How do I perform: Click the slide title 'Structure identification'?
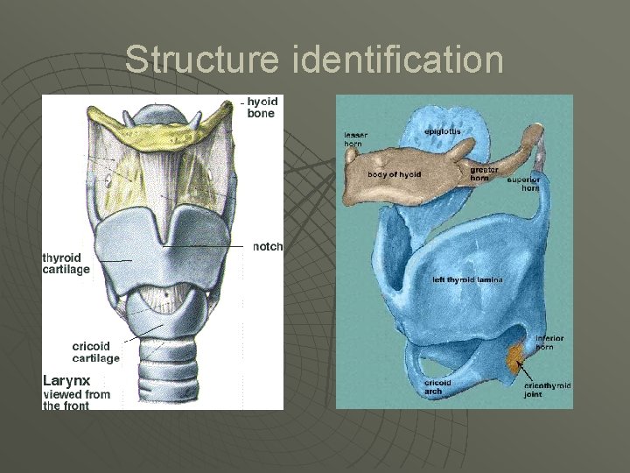pyautogui.click(x=314, y=60)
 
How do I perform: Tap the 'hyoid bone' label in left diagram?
pyautogui.click(x=262, y=108)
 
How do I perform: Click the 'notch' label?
pyautogui.click(x=268, y=247)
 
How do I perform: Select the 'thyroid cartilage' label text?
pyautogui.click(x=66, y=264)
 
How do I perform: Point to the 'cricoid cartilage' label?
pyautogui.click(x=95, y=352)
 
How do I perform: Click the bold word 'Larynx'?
pyautogui.click(x=67, y=380)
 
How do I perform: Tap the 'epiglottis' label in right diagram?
pyautogui.click(x=442, y=131)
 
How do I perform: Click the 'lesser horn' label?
pyautogui.click(x=356, y=139)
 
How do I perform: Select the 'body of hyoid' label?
pyautogui.click(x=394, y=174)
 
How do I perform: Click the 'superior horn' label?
pyautogui.click(x=523, y=184)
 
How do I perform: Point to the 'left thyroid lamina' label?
pyautogui.click(x=467, y=279)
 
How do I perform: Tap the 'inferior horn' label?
pyautogui.click(x=549, y=342)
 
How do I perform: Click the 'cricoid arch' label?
pyautogui.click(x=437, y=387)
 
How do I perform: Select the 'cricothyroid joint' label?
pyautogui.click(x=547, y=390)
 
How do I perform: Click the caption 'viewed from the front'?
pyautogui.click(x=77, y=399)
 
